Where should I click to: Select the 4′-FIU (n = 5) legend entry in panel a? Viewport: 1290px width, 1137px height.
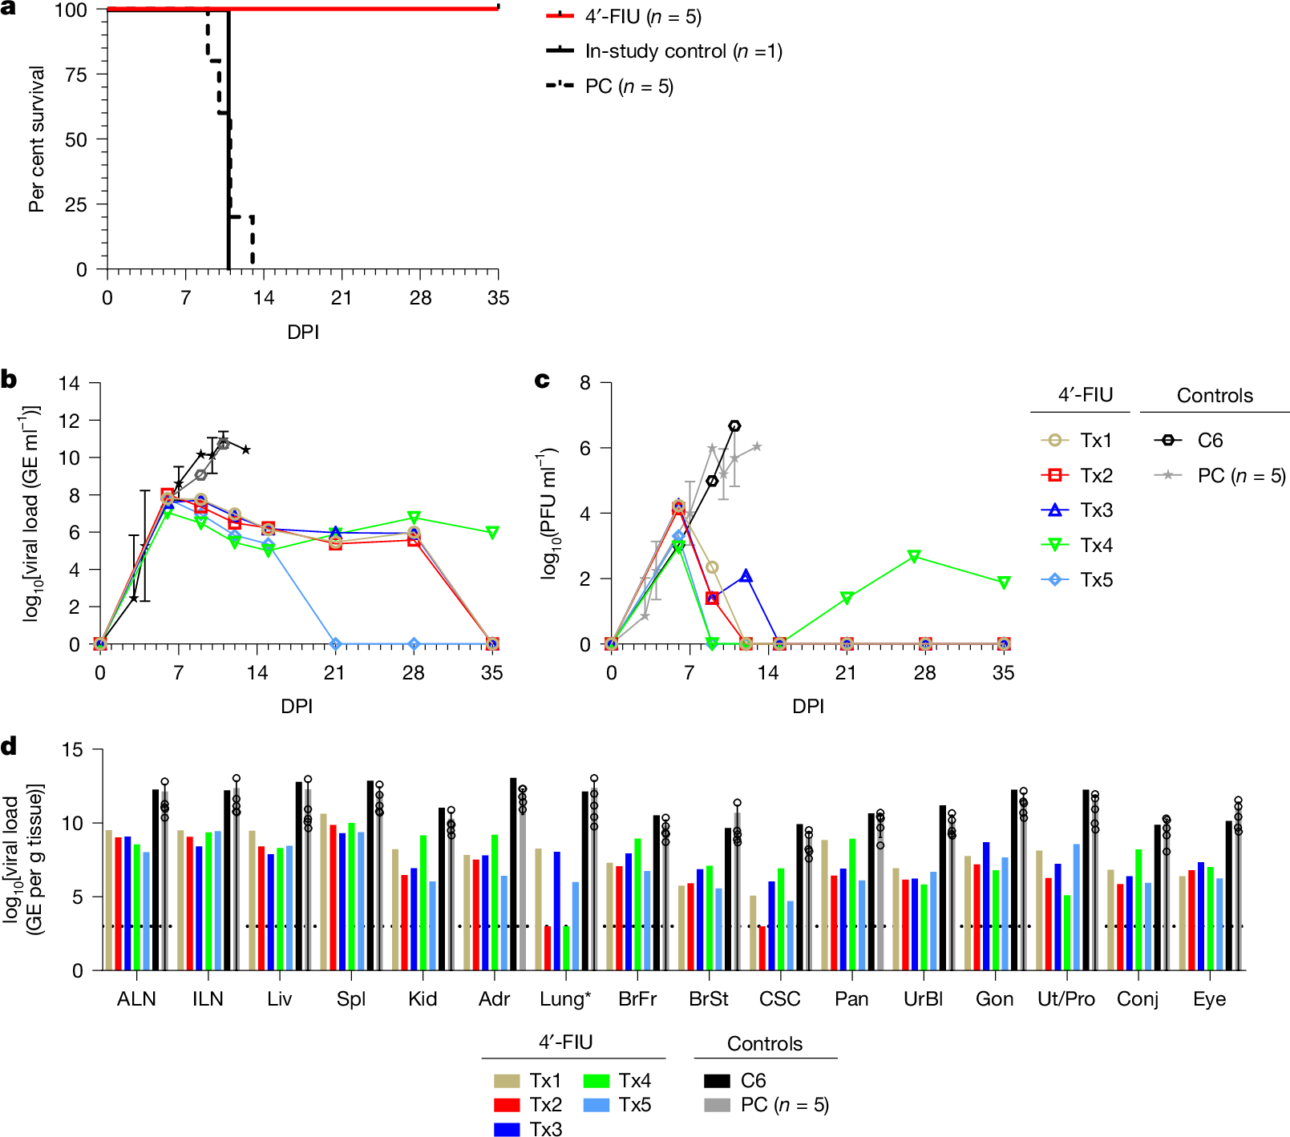641,17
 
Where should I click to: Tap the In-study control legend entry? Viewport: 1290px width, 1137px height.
681,51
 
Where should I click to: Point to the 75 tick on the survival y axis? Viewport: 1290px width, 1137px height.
76,75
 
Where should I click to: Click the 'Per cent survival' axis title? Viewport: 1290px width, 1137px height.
36,139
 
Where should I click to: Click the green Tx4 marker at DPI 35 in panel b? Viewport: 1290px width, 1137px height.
492,533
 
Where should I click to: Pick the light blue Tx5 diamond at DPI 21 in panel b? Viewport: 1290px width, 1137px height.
335,644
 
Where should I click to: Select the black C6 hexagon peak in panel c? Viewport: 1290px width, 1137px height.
734,426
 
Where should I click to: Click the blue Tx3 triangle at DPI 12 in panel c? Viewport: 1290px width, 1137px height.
746,576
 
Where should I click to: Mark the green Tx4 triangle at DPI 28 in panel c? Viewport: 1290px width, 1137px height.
914,556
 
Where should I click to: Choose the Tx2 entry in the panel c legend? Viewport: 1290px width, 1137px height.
1095,475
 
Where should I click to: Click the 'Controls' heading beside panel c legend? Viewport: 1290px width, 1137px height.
1214,396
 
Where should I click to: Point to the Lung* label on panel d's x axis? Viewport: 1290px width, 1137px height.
565,999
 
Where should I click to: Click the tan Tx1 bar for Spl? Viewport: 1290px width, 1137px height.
323,892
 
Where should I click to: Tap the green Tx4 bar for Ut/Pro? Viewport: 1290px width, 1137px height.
1067,933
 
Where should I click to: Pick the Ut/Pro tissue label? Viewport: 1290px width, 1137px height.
1066,999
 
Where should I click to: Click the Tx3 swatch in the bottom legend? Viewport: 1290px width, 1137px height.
507,1129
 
